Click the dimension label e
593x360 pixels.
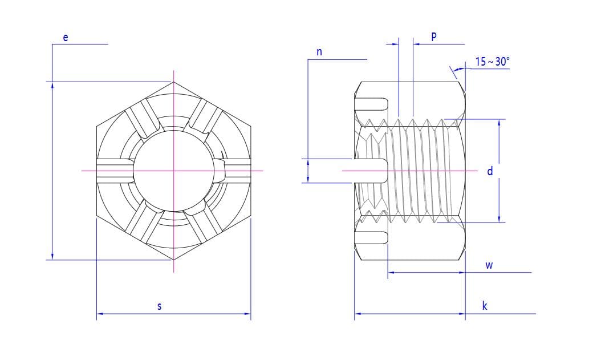pyautogui.click(x=66, y=38)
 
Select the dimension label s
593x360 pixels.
pyautogui.click(x=160, y=306)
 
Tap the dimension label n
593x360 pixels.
pyautogui.click(x=319, y=52)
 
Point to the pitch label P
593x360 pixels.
pyautogui.click(x=434, y=37)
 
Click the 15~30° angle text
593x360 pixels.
pyautogui.click(x=493, y=61)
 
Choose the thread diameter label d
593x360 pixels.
pyautogui.click(x=490, y=171)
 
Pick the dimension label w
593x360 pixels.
pyautogui.click(x=489, y=265)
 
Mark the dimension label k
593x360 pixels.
pyautogui.click(x=485, y=305)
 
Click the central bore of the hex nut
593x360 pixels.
pyautogui.click(x=173, y=171)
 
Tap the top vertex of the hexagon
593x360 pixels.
pyautogui.click(x=173, y=82)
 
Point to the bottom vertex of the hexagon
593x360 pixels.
pyautogui.click(x=173, y=260)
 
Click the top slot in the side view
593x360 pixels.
pyautogui.click(x=371, y=104)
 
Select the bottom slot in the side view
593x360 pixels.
pyautogui.click(x=371, y=237)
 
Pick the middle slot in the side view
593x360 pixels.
pyautogui.click(x=371, y=171)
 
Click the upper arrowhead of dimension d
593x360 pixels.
pyautogui.click(x=499, y=123)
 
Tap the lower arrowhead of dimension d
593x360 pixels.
pyautogui.click(x=499, y=219)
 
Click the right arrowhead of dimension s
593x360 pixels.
pyautogui.click(x=247, y=314)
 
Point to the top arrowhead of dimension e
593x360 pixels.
pyautogui.click(x=52, y=86)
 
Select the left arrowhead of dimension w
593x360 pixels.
pyautogui.click(x=391, y=272)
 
